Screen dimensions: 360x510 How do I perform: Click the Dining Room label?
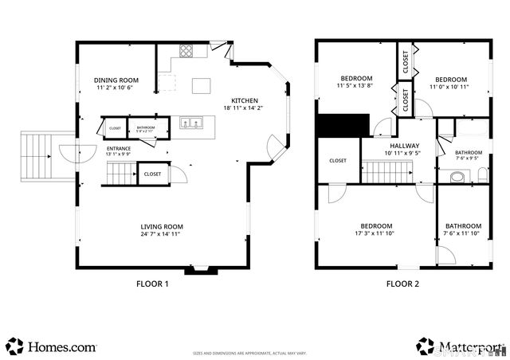click(x=116, y=80)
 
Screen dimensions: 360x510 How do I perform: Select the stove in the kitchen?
click(x=186, y=52)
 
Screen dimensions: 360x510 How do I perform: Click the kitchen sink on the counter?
click(x=190, y=123)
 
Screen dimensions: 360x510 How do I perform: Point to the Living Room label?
click(x=162, y=225)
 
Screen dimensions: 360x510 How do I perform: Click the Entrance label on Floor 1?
click(x=118, y=148)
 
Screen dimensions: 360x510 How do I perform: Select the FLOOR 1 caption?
click(x=152, y=284)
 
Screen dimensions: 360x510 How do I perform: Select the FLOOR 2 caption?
click(x=404, y=284)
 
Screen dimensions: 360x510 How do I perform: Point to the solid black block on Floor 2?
click(x=343, y=125)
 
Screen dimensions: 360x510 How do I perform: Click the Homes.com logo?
click(x=53, y=346)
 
